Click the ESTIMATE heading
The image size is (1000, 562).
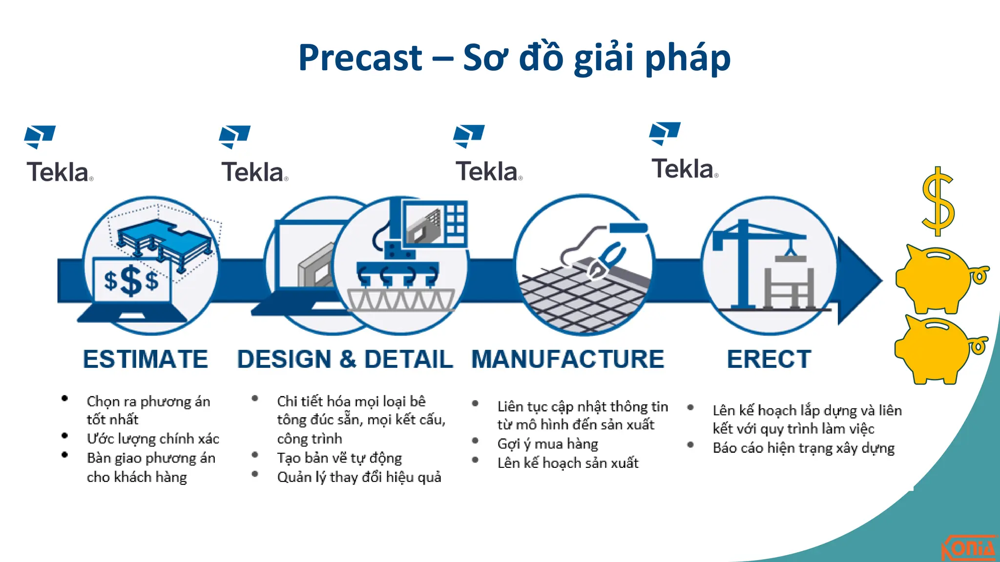(x=146, y=360)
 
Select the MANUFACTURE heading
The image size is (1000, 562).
(x=567, y=360)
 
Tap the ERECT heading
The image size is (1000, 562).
(x=769, y=360)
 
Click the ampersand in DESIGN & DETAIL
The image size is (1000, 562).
(x=347, y=360)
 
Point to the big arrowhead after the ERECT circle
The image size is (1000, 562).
(x=859, y=281)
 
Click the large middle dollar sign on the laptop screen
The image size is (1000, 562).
(x=131, y=281)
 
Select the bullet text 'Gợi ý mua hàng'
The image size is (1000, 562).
(x=547, y=444)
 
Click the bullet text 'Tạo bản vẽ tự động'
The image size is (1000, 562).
(x=339, y=458)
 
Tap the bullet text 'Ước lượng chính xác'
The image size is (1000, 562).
(x=153, y=439)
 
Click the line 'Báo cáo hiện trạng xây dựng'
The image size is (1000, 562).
(x=803, y=448)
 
